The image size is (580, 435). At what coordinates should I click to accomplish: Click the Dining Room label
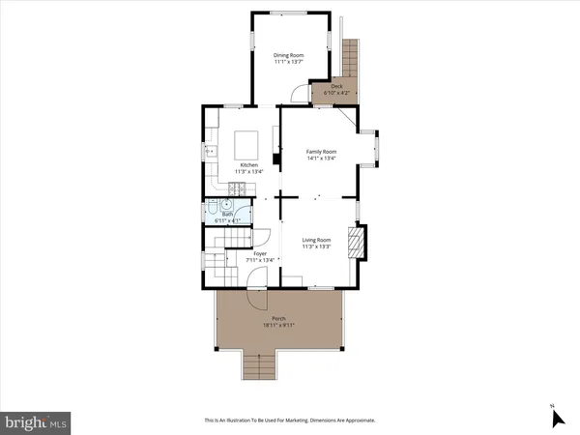(x=288, y=55)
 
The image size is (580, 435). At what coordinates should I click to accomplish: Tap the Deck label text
(x=336, y=86)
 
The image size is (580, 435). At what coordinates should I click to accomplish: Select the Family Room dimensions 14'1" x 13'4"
(x=321, y=159)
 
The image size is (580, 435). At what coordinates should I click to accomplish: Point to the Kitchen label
(x=248, y=165)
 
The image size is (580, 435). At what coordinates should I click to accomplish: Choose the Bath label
(x=228, y=216)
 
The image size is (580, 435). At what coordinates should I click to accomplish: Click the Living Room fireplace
(x=358, y=241)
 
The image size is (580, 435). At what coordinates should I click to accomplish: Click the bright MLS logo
(x=36, y=421)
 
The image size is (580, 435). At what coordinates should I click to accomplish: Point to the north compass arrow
(x=557, y=418)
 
